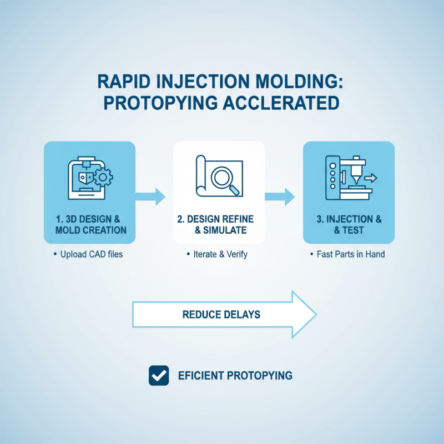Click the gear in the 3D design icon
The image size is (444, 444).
click(x=103, y=178)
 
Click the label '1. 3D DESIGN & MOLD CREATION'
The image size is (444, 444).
click(x=89, y=225)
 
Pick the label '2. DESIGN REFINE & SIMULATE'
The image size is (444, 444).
click(x=219, y=225)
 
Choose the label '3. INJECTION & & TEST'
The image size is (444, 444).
click(x=349, y=225)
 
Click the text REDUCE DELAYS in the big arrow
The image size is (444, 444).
click(x=221, y=315)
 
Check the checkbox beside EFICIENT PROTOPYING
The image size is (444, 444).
click(x=159, y=375)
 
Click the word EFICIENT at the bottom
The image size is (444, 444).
click(x=201, y=375)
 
